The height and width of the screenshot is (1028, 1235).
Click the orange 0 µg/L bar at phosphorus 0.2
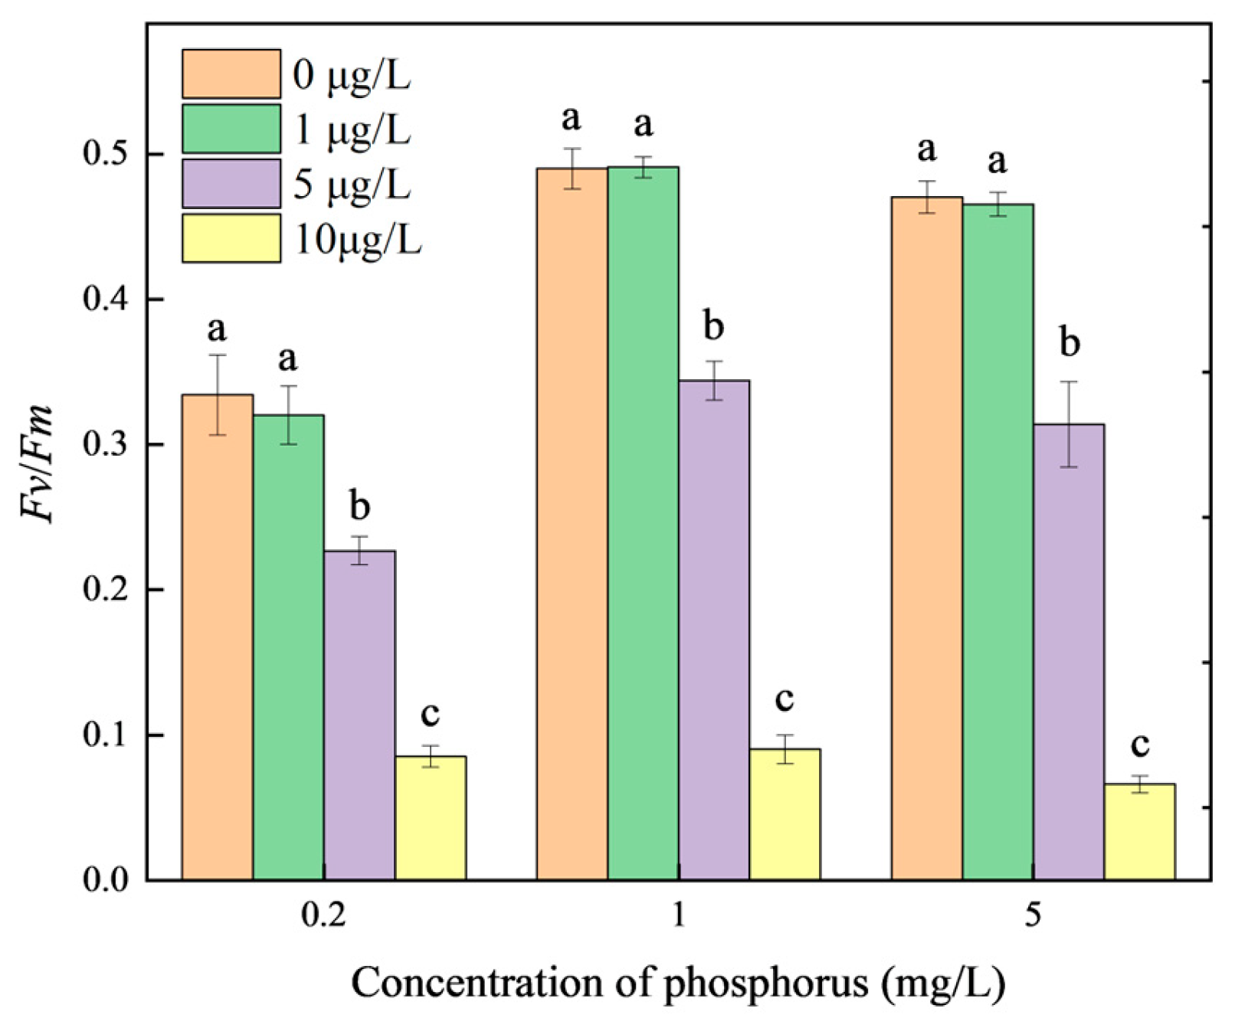(x=217, y=636)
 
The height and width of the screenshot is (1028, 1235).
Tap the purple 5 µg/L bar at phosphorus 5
(x=1069, y=651)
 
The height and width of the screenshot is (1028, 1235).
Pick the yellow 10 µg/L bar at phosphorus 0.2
(x=430, y=817)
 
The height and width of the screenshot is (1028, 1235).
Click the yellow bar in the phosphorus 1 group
(x=785, y=814)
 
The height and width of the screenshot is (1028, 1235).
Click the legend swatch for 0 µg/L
(x=231, y=74)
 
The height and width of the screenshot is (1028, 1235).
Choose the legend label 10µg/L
(x=358, y=240)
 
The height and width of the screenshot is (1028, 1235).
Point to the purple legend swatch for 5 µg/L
(x=231, y=184)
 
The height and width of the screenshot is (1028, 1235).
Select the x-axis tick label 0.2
(x=323, y=915)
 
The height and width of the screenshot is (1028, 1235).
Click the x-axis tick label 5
(x=1033, y=915)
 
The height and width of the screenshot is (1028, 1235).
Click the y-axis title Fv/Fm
(x=38, y=464)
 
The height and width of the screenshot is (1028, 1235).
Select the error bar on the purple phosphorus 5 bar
(x=1069, y=424)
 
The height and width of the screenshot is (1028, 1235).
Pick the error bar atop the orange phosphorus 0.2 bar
(x=217, y=395)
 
